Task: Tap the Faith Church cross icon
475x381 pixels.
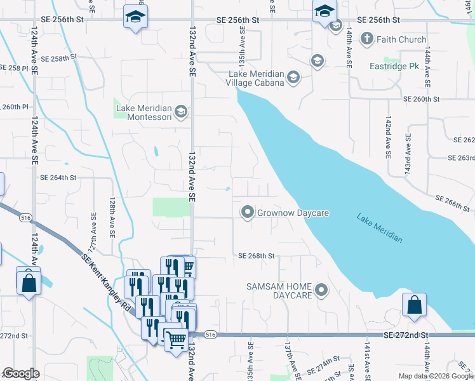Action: pos(366,39)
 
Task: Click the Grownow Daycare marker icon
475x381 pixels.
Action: pos(247,213)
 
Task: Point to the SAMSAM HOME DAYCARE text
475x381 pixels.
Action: pos(279,291)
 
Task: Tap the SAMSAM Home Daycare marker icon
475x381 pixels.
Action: pos(322,291)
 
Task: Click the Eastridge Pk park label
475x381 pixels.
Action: pos(395,66)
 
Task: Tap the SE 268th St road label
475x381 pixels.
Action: pos(256,256)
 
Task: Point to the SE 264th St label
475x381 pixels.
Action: pos(58,178)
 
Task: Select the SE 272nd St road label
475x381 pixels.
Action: pos(406,335)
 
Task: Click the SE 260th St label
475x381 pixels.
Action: pos(421,99)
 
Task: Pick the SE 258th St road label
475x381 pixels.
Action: pos(58,57)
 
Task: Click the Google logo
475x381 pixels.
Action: pos(21,374)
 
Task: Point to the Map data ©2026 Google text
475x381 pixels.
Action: pos(435,376)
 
